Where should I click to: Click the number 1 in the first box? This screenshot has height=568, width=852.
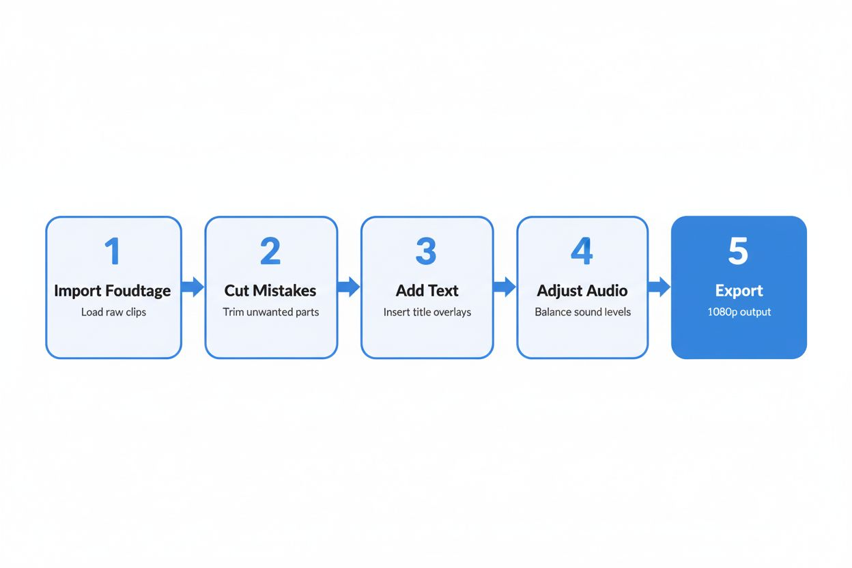point(113,252)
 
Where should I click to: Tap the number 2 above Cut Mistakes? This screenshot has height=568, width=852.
point(270,252)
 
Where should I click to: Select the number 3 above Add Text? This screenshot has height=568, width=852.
point(426,252)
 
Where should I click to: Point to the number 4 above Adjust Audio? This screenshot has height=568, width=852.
point(582,252)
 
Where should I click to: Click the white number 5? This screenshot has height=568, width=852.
point(738,252)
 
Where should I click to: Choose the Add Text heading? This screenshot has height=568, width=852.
point(427,291)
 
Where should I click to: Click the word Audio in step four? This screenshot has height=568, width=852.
point(604,291)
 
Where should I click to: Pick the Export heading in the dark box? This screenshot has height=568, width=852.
point(739,291)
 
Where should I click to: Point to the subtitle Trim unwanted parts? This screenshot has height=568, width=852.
point(270,312)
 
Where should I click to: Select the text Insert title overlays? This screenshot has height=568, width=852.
point(427,312)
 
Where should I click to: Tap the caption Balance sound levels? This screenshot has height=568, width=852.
point(582,312)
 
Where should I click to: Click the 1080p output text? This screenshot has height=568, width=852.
point(739,312)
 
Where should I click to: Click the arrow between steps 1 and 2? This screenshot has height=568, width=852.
point(193,287)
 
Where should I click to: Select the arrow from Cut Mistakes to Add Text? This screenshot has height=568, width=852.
point(349,287)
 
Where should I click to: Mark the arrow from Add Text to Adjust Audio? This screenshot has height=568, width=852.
point(505,287)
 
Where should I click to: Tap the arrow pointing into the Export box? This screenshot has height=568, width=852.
point(659,287)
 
